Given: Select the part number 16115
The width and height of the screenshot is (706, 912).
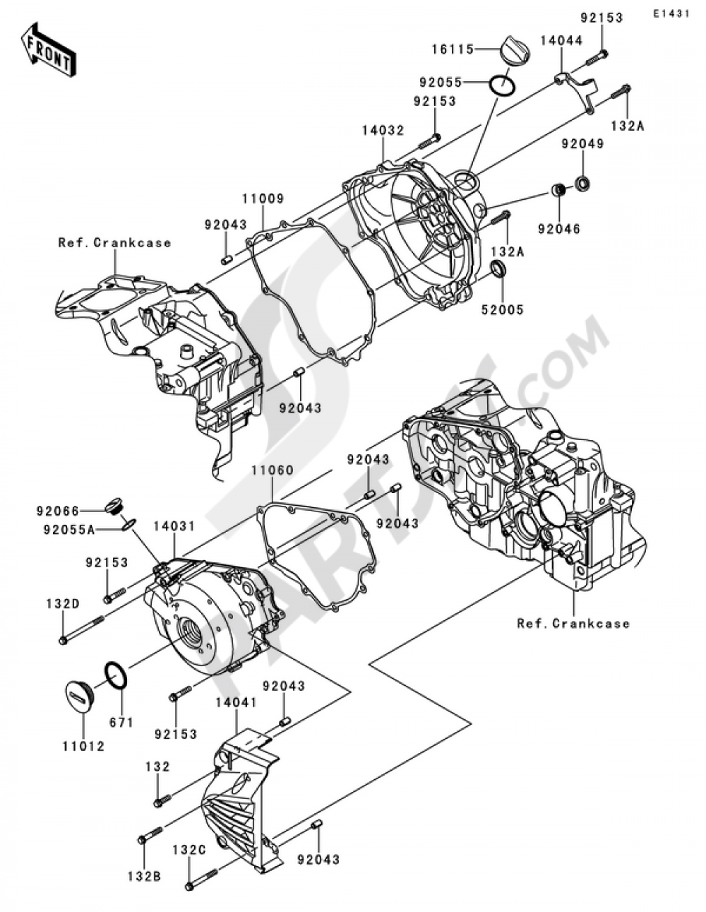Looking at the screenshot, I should [x=453, y=49].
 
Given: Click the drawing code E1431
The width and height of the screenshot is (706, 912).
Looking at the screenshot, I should [x=670, y=13].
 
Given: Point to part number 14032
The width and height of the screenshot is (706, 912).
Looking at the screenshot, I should [x=383, y=130].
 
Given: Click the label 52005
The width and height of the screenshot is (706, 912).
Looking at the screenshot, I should [x=503, y=309].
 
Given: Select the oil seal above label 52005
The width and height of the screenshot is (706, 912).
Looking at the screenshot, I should [x=499, y=269].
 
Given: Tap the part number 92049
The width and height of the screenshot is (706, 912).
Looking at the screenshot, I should [x=582, y=144].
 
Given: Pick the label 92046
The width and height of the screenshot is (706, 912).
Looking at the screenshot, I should [x=558, y=228].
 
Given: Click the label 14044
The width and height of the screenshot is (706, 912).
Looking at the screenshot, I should [x=562, y=41].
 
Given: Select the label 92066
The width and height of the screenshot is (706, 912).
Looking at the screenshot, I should [x=58, y=509].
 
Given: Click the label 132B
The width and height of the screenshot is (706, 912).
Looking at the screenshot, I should [x=145, y=877].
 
